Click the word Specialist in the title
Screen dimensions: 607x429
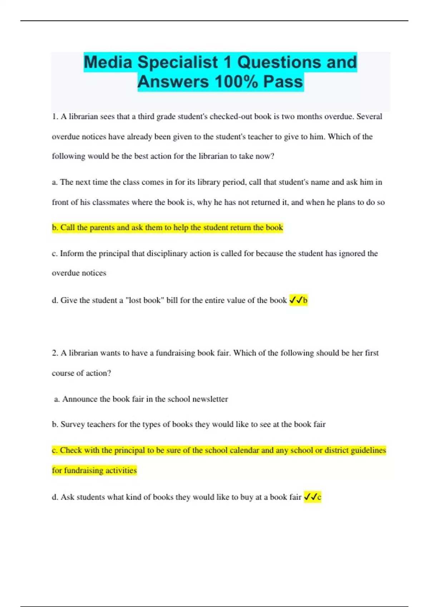click(178, 62)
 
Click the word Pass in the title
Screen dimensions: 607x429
click(283, 81)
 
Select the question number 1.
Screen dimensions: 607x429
click(55, 116)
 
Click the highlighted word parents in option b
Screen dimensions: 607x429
click(104, 227)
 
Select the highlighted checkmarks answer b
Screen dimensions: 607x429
click(298, 300)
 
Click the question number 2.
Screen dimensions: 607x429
click(55, 353)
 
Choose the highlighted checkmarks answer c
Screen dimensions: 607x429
click(312, 497)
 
